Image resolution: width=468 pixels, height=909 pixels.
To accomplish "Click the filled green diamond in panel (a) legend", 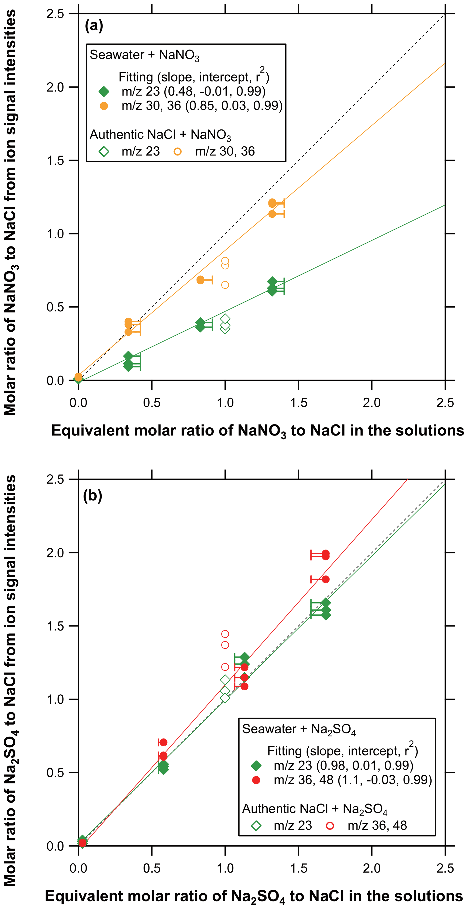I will (104, 92).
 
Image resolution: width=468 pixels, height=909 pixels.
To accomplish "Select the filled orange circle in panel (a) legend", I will (104, 106).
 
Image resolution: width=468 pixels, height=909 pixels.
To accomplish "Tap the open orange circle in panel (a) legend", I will (178, 152).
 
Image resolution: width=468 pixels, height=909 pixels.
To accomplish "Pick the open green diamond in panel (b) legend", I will (256, 825).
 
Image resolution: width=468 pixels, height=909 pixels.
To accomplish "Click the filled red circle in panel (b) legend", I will (256, 780).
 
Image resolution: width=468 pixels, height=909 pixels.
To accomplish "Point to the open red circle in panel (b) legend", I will (330, 825).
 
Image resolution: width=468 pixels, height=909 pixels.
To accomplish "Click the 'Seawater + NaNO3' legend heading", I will (144, 55).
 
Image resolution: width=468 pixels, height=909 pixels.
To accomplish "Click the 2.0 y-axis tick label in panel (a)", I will (55, 87).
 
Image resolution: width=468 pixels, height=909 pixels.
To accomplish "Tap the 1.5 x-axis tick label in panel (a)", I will (299, 403).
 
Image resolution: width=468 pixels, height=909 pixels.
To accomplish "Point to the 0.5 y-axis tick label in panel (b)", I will (55, 773).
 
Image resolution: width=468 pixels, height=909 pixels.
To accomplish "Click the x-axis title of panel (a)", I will (258, 431).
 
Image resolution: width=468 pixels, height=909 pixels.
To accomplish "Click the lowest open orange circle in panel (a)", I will (225, 285).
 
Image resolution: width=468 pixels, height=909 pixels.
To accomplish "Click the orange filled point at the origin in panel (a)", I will (78, 377).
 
